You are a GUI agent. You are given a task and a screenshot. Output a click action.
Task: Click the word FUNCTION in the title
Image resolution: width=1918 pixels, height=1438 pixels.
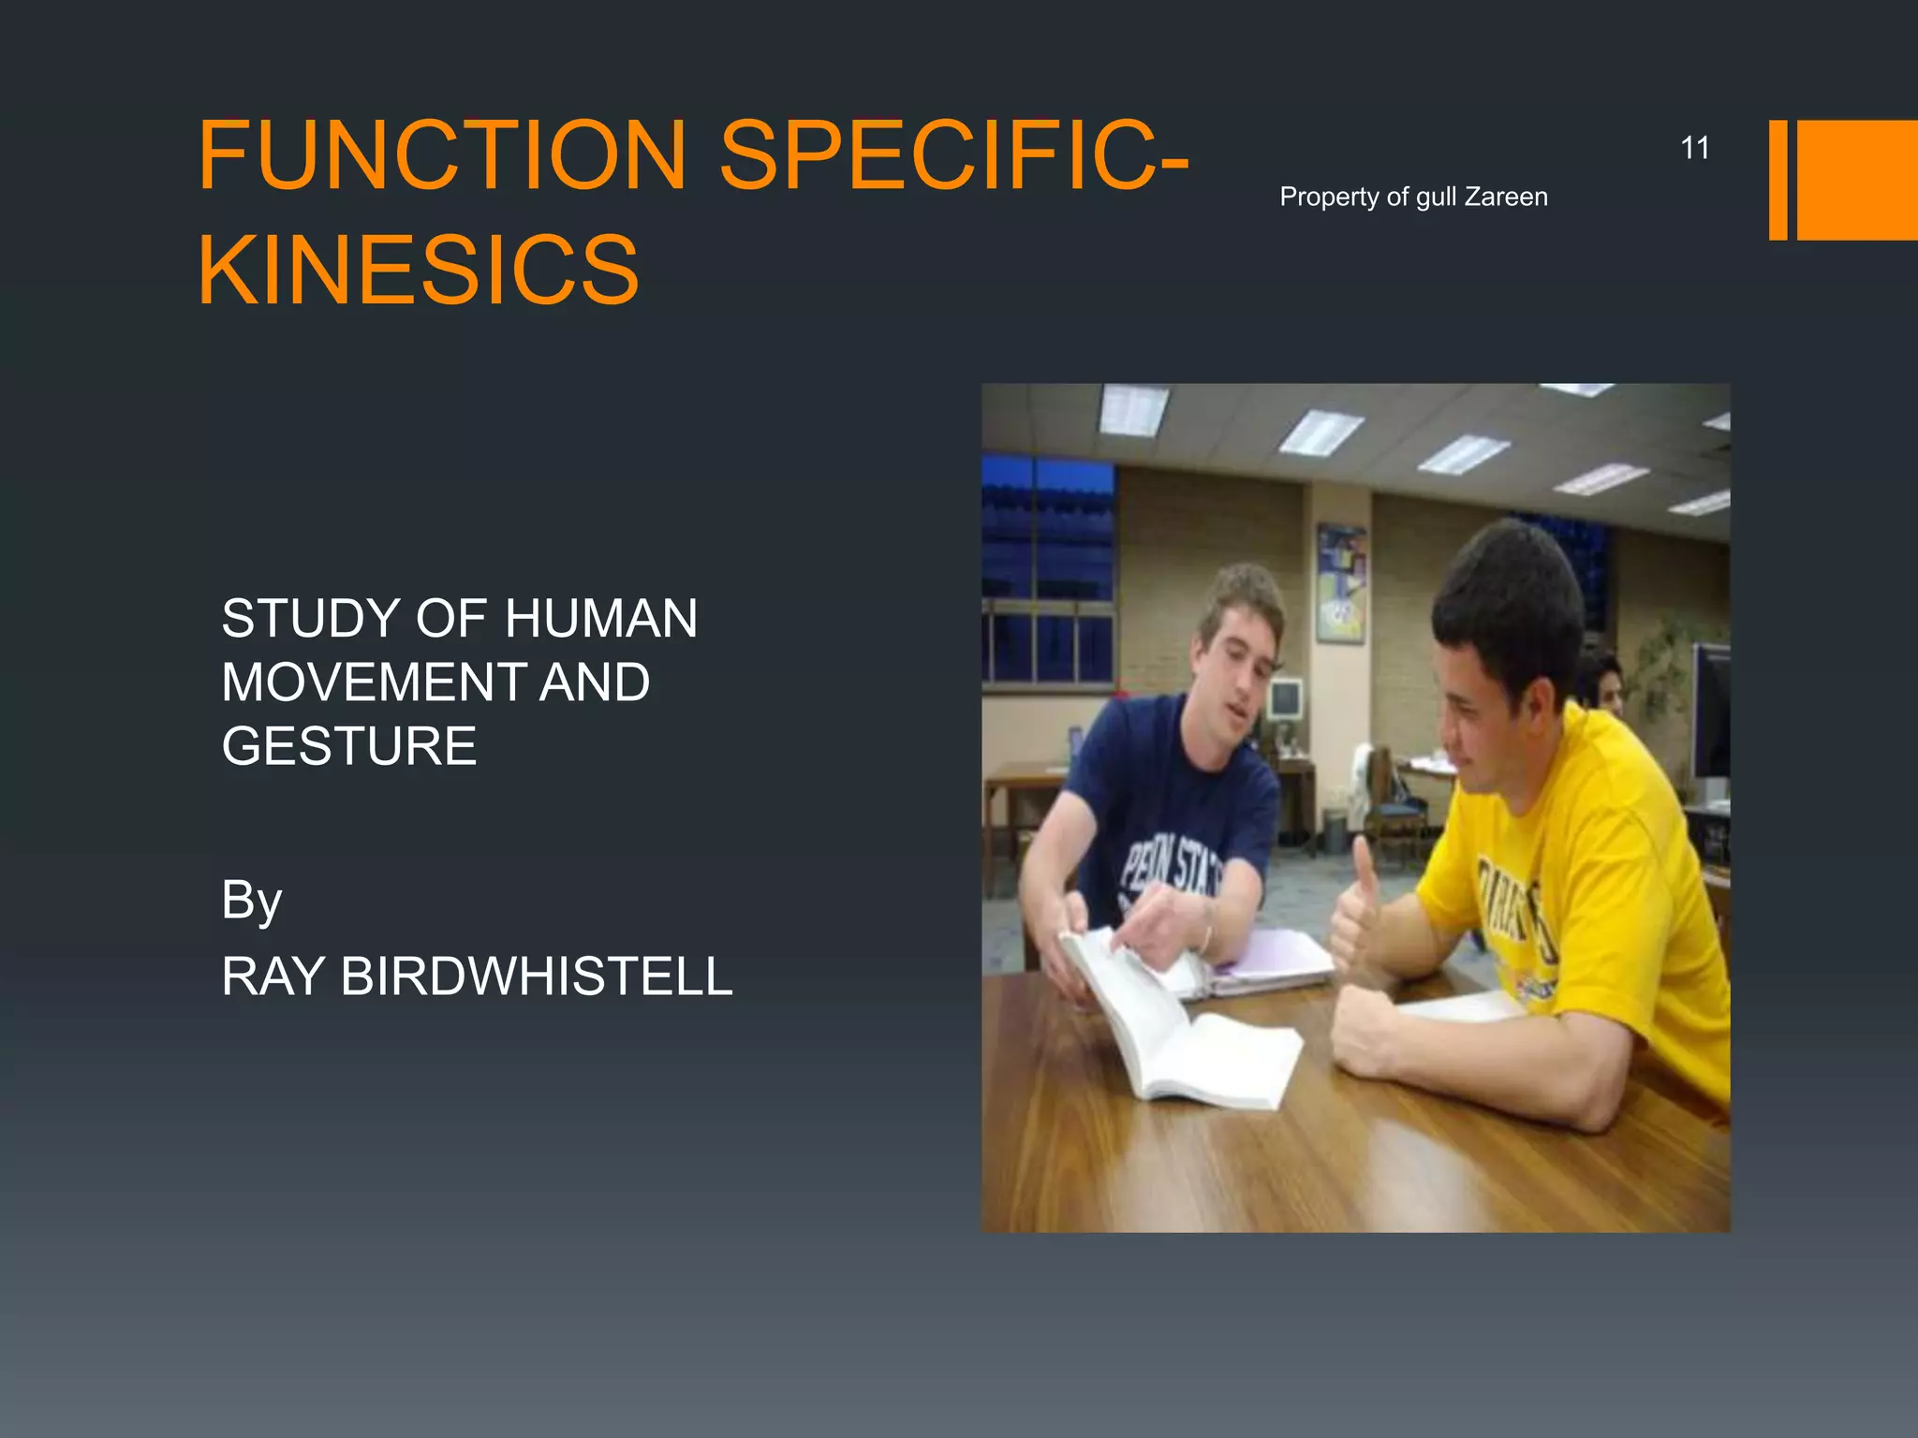point(442,154)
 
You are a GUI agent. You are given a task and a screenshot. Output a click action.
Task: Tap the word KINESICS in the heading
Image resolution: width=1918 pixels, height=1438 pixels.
point(419,271)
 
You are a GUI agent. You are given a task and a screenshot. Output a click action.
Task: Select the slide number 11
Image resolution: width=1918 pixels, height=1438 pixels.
point(1694,148)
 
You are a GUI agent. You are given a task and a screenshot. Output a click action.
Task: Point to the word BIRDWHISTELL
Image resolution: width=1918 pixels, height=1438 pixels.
point(537,976)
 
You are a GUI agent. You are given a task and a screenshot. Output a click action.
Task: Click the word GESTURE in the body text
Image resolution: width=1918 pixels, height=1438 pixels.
point(349,746)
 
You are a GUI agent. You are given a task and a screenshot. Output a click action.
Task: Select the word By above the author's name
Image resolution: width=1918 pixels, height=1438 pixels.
point(251,901)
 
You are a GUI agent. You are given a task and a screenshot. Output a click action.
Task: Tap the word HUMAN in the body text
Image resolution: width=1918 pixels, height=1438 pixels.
point(600,619)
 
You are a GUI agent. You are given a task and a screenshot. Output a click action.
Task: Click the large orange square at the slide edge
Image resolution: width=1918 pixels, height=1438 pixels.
point(1856,180)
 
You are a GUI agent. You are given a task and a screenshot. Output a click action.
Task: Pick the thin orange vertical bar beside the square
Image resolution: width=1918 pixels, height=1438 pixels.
point(1778,180)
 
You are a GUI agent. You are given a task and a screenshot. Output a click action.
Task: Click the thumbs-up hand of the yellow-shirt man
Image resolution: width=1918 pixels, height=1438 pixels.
point(1356,913)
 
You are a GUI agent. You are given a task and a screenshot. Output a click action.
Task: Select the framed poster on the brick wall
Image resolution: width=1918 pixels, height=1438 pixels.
point(1341,583)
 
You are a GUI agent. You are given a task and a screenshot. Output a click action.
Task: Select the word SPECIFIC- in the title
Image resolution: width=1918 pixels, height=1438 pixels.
point(953,154)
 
